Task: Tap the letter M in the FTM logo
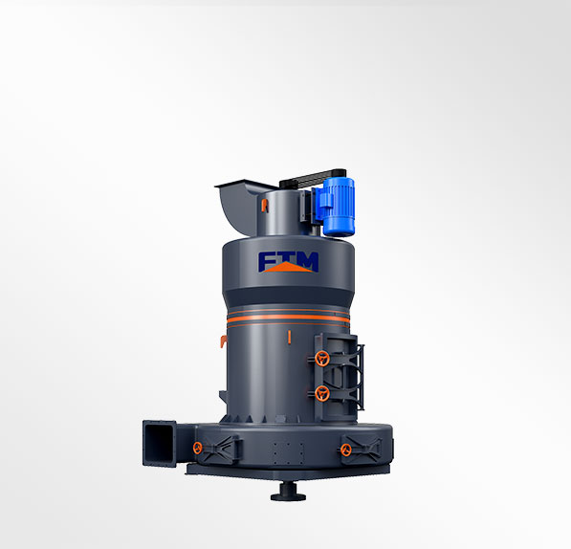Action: pos(308,260)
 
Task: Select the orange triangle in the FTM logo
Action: pos(288,268)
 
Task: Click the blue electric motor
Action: pos(338,206)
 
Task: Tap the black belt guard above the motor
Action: pos(313,179)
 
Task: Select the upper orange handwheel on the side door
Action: pos(322,359)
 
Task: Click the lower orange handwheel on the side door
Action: pos(322,393)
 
